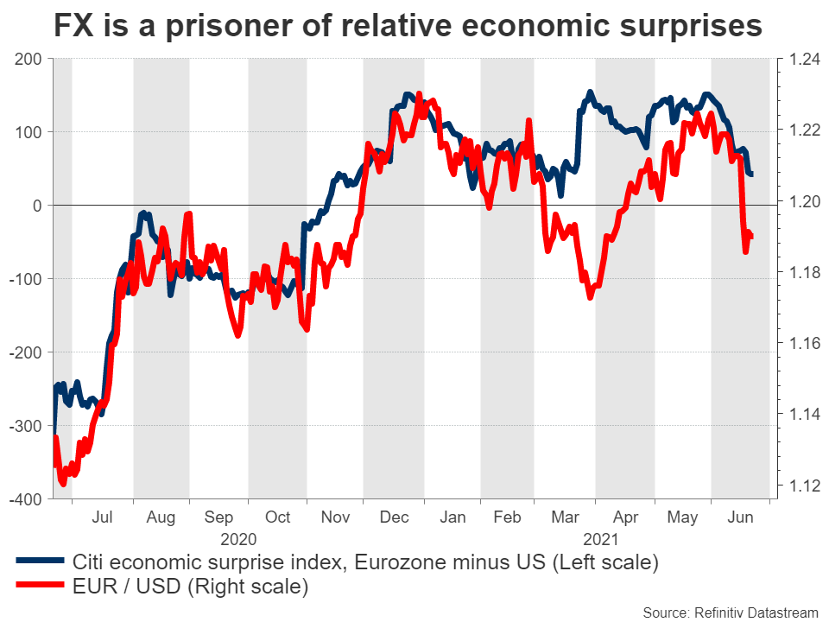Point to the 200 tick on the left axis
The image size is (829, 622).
pos(28,60)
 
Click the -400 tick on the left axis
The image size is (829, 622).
pos(25,499)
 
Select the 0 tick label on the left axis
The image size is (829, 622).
pos(37,206)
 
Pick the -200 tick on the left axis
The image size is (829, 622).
pos(25,352)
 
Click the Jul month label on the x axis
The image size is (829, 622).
pos(104,518)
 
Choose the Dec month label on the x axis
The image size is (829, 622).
pos(393,518)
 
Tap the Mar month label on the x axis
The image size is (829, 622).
pos(566,518)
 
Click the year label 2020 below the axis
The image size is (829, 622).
pos(239,539)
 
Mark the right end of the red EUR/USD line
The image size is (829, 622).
pos(751,237)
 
